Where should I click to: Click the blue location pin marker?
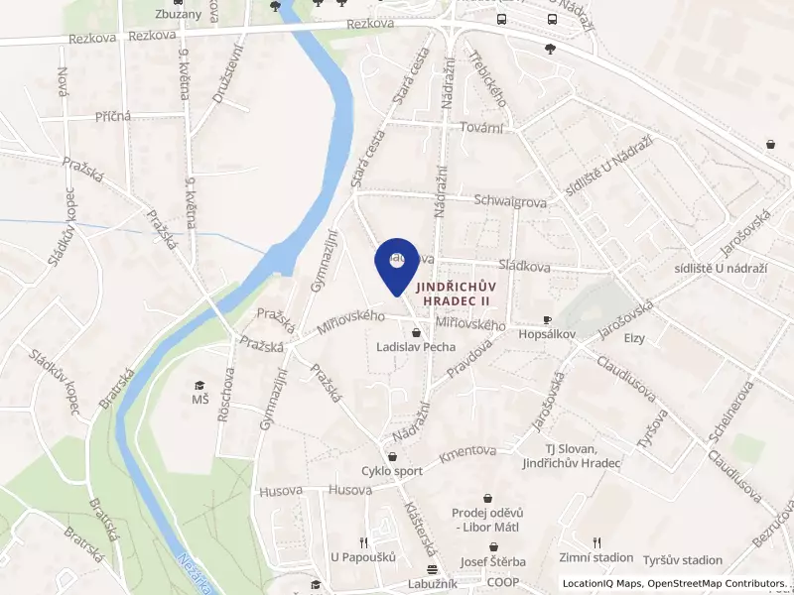point(396,263)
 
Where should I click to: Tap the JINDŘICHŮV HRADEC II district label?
point(460,290)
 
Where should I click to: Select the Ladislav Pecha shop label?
point(416,347)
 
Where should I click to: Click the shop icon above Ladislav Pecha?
point(416,331)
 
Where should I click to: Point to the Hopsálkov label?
point(547,335)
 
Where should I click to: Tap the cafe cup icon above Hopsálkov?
point(547,319)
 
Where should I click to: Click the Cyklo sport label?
point(391,471)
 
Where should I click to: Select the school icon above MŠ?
point(199,384)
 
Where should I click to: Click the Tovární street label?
point(482,127)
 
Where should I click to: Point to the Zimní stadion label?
point(595,558)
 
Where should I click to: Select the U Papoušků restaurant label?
point(363,558)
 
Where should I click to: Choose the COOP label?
point(502,583)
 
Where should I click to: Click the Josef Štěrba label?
point(492,561)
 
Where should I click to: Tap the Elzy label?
point(634,338)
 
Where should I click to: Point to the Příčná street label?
point(112,116)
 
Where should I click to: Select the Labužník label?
point(432,584)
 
